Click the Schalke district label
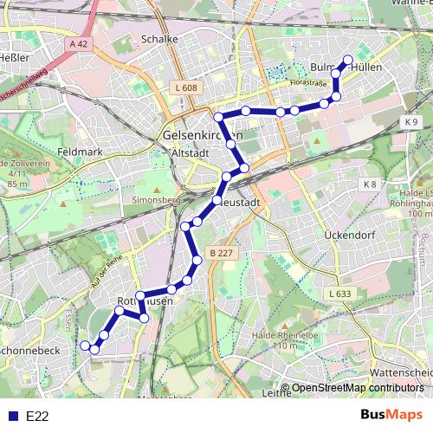158,39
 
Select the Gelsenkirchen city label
202,136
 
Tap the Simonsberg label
154,199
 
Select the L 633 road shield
339,294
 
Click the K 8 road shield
370,184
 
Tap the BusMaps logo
385,416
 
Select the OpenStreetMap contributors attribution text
358,387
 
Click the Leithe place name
276,392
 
